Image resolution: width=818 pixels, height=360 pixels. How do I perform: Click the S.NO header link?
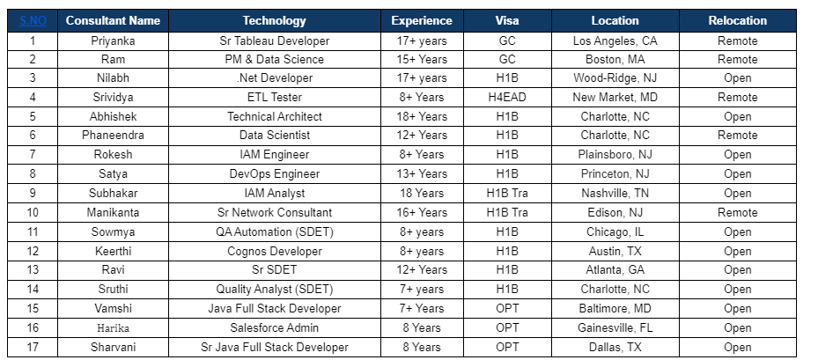[33, 20]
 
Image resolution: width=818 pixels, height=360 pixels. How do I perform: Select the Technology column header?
[274, 20]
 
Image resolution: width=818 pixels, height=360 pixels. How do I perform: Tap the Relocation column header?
[737, 20]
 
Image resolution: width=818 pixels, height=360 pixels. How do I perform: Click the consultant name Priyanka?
[113, 40]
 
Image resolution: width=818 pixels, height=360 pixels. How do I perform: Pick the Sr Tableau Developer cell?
[274, 40]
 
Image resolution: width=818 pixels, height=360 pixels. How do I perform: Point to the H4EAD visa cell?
[507, 97]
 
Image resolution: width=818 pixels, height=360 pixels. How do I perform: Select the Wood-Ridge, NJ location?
[615, 78]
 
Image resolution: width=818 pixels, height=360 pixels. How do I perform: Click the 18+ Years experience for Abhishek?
[421, 116]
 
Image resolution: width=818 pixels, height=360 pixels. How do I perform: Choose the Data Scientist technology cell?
[274, 136]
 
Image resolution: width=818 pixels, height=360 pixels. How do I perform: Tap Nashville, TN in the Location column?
[615, 193]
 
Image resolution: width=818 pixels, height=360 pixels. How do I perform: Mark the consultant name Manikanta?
[113, 212]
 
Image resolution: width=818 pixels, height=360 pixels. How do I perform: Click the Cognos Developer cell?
[274, 251]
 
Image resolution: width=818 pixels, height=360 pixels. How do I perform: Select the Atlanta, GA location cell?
[615, 270]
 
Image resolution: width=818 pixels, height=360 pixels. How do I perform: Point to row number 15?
[33, 308]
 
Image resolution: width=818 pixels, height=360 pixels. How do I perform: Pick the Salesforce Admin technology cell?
[274, 327]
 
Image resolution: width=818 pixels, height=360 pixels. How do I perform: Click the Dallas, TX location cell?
[615, 347]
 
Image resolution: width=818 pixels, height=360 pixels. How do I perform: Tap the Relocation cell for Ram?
[737, 59]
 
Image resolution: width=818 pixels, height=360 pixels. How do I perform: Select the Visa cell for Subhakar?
[507, 193]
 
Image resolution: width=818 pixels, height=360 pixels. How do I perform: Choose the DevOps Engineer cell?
[274, 173]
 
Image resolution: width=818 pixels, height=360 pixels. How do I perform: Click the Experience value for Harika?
[421, 327]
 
